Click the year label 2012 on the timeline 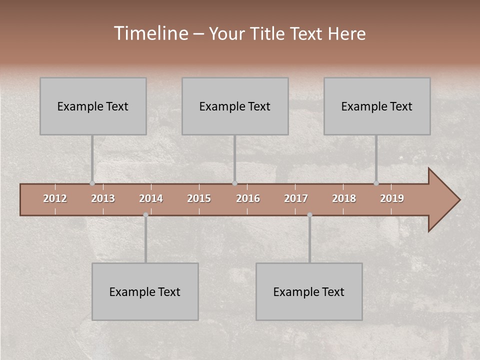click(55, 198)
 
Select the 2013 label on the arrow click(103, 198)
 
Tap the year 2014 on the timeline click(151, 198)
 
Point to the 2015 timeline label click(199, 198)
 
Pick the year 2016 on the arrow click(248, 198)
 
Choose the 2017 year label click(296, 198)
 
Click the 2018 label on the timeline click(344, 198)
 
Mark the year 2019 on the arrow click(392, 198)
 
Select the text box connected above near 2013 click(93, 106)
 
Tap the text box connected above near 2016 click(235, 106)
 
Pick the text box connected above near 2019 click(377, 106)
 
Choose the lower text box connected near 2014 click(145, 291)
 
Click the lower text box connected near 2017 click(309, 291)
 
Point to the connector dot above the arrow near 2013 click(92, 183)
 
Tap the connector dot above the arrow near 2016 click(234, 183)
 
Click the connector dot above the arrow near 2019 click(376, 183)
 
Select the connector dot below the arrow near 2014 click(145, 215)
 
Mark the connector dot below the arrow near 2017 click(309, 215)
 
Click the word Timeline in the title click(150, 33)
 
